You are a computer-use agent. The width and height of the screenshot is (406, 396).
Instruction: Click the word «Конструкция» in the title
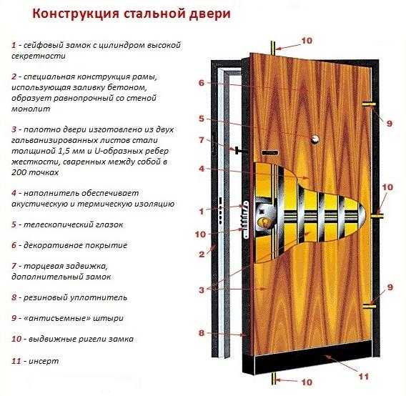click(76, 14)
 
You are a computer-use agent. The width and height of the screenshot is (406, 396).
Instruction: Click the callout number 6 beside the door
click(202, 83)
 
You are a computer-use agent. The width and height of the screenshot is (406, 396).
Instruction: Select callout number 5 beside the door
click(202, 119)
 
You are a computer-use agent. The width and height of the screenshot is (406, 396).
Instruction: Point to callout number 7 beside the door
click(202, 140)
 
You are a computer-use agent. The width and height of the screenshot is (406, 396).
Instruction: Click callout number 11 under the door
click(364, 376)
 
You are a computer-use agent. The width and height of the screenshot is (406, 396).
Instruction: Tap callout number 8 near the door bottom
click(202, 333)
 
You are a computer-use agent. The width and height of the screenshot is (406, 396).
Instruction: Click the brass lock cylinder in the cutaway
click(264, 222)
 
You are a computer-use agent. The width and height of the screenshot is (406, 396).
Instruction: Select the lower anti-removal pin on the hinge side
click(369, 307)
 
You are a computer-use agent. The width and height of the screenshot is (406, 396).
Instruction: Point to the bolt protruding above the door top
click(273, 48)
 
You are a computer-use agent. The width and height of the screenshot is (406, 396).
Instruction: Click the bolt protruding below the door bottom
click(273, 382)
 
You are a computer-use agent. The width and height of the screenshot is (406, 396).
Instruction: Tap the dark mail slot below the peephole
click(269, 152)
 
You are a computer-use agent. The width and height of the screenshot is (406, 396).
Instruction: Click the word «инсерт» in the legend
click(44, 361)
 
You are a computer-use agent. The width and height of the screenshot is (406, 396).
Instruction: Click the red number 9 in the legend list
click(14, 318)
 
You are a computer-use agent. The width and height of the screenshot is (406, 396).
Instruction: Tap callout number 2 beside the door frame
click(202, 254)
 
